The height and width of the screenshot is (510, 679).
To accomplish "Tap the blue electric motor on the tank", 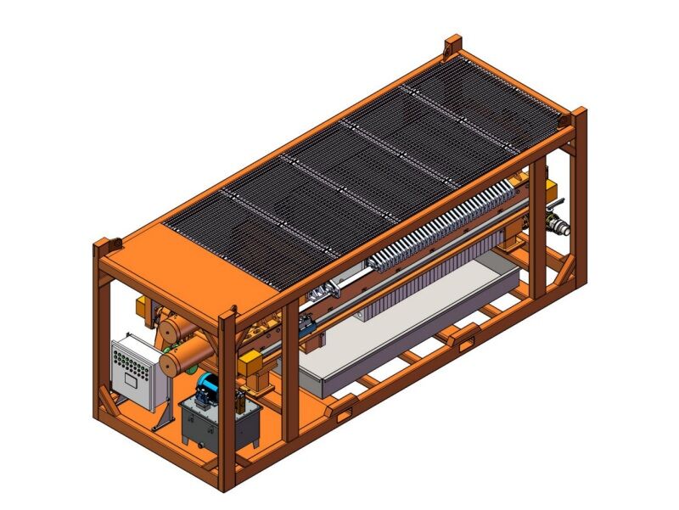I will tap(207, 391).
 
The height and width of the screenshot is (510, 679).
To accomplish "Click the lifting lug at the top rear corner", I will tap(453, 44).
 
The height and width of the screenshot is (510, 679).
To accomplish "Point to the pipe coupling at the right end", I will tap(561, 227).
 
